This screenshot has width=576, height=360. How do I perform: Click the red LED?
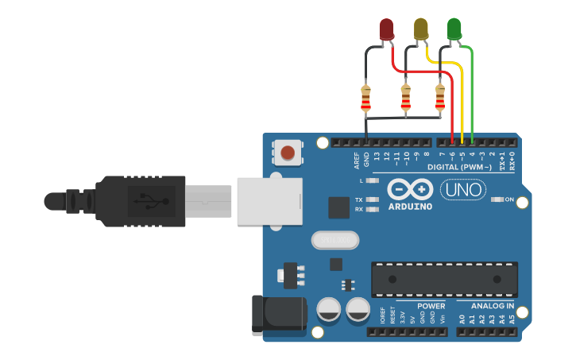tap(386, 29)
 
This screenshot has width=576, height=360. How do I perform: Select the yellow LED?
tap(420, 29)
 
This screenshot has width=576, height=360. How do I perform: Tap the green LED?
tap(454, 29)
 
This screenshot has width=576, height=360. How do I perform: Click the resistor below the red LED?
tap(365, 99)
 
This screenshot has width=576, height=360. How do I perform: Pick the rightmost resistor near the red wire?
tap(440, 99)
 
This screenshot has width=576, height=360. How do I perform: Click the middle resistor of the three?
tap(406, 99)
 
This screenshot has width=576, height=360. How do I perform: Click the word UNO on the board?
tap(458, 190)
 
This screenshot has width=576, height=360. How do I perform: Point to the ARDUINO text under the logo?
tap(410, 207)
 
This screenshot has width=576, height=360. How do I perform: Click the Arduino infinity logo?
tap(410, 189)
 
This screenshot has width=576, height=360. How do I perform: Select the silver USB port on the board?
tap(269, 199)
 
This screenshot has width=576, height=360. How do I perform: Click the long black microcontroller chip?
tap(444, 279)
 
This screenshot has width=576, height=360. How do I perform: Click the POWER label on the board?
tap(431, 306)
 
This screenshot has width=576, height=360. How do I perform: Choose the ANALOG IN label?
tap(492, 306)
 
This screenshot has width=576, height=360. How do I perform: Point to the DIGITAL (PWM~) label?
tap(459, 167)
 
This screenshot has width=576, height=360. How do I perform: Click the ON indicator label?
tap(509, 199)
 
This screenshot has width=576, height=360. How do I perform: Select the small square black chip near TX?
tap(338, 207)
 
